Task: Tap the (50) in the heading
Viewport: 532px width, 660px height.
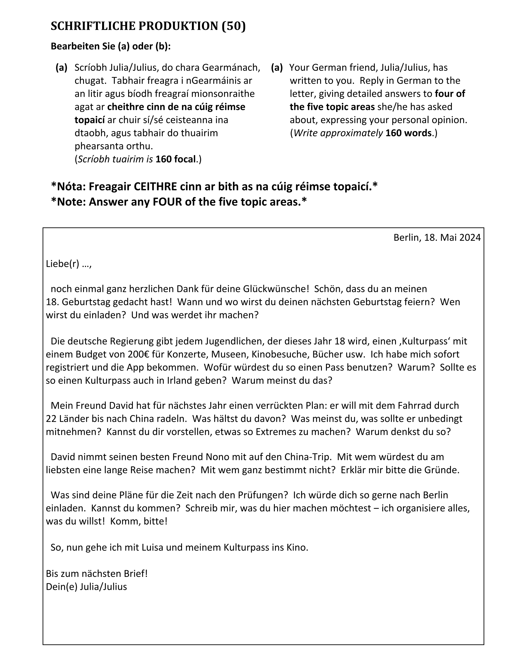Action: point(234,26)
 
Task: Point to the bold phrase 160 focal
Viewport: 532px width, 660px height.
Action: point(175,159)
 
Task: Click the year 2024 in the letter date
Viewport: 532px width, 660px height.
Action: point(470,238)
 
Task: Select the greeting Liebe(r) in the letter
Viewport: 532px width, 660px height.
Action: point(63,264)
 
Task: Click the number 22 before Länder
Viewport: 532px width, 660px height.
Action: point(51,419)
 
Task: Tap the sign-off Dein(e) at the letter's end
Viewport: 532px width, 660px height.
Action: point(61,587)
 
